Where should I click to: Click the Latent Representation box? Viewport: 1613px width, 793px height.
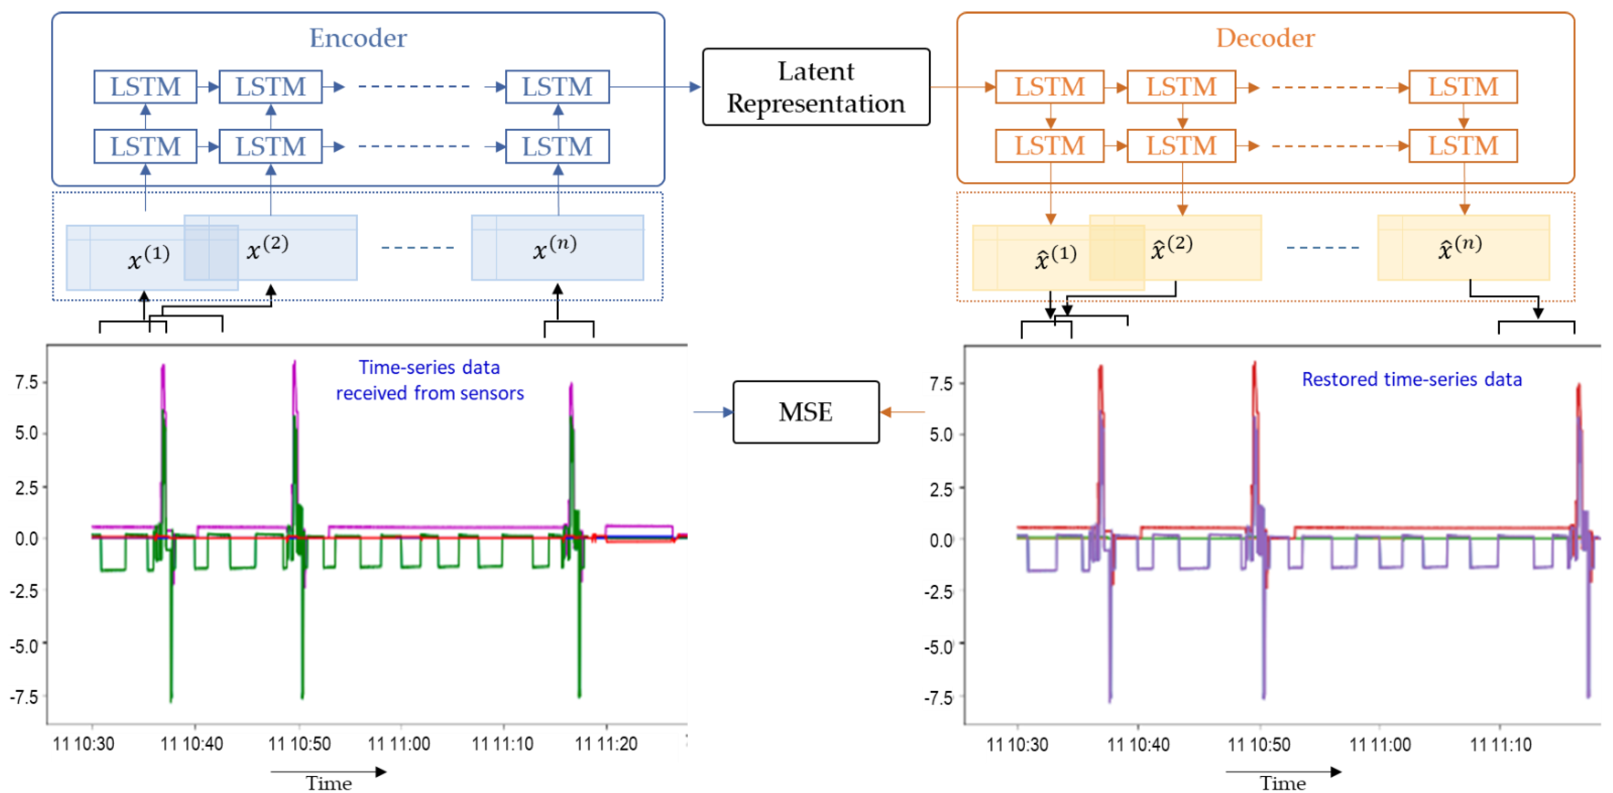[816, 87]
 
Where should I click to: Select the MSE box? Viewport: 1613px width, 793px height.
[806, 412]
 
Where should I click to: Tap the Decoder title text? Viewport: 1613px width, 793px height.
[1265, 38]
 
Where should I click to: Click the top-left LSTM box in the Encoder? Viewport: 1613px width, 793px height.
[145, 87]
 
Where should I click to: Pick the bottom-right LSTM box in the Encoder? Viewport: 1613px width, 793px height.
[557, 146]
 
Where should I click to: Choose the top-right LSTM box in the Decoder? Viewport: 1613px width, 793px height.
[1463, 87]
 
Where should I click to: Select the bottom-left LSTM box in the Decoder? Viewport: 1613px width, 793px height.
[1050, 146]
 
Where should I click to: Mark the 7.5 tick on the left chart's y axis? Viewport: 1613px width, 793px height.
[26, 382]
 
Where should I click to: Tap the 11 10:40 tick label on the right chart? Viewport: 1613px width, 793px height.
[1138, 745]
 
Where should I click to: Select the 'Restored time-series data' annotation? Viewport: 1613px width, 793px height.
[1412, 379]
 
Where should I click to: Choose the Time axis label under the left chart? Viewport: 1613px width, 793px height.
[328, 783]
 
